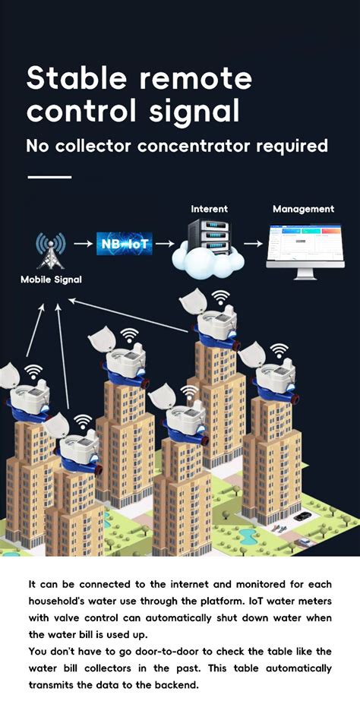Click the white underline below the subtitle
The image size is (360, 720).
click(x=49, y=177)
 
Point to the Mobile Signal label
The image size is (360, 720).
click(x=51, y=280)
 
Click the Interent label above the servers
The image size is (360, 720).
click(x=209, y=209)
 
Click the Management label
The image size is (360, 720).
click(x=303, y=209)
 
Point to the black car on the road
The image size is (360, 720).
click(x=302, y=516)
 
